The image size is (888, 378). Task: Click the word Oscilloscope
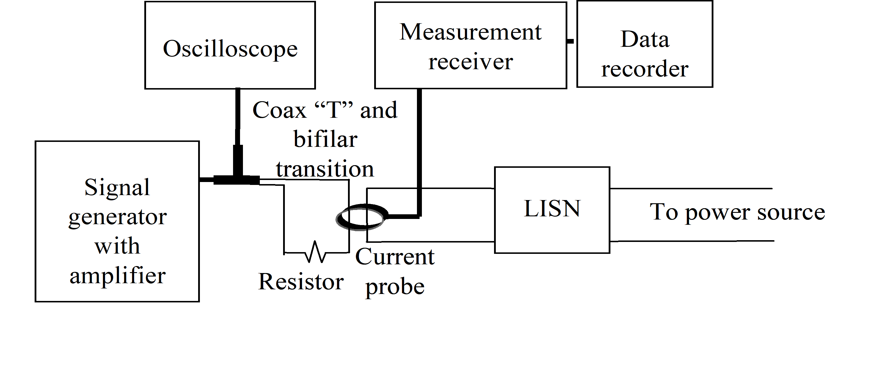[x=230, y=49]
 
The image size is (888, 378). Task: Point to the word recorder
[x=645, y=69]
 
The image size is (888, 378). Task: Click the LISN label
[x=552, y=208]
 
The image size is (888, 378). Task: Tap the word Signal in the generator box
[x=117, y=188]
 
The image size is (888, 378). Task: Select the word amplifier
[x=118, y=276]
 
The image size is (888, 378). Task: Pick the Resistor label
[x=301, y=281]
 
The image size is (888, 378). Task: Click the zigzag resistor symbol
[x=315, y=253]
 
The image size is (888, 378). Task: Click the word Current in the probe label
[x=395, y=257]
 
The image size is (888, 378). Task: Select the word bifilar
[x=325, y=140]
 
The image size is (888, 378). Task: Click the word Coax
[x=279, y=110]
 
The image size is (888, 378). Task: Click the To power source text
[x=737, y=212]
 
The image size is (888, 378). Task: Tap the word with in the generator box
[x=117, y=246]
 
